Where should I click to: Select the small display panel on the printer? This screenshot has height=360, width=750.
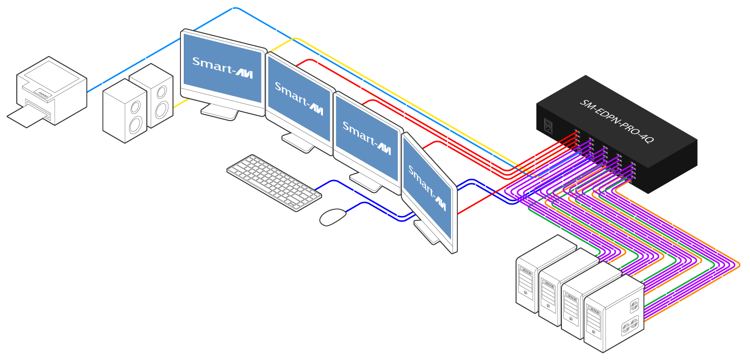click(44, 94)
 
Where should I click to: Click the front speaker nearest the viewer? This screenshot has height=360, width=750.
click(125, 111)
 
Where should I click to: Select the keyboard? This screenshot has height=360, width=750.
click(274, 182)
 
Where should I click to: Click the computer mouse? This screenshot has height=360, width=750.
click(333, 216)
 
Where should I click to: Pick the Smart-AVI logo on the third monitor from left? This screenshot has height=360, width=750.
click(367, 138)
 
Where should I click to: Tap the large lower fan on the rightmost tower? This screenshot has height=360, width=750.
click(629, 327)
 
